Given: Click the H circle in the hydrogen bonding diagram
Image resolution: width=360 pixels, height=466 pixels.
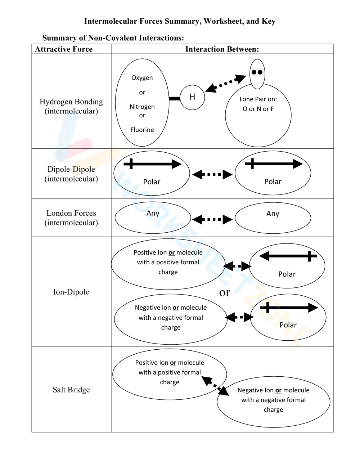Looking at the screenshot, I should pos(192,97).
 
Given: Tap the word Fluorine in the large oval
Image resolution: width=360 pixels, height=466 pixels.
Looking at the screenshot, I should pos(142,130).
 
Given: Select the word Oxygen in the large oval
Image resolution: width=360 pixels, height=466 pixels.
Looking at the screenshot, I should pos(142,78).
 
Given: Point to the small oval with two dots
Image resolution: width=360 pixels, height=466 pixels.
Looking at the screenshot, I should pos(257,73).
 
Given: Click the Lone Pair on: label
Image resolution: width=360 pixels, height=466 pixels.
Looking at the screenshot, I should pos(258,99).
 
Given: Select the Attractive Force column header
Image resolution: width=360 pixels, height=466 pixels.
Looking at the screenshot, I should pos(64,49).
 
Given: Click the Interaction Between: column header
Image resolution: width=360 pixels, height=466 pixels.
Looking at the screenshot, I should pos(222,49).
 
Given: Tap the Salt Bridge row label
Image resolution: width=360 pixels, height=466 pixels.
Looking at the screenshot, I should pos(71,390).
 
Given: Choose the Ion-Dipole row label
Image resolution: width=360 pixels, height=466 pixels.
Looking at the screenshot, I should pos(71,292).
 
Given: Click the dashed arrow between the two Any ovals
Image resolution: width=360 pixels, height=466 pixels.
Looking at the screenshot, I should pos(212,219).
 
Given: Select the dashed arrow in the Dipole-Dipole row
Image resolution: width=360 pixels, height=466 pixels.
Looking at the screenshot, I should pos(212,175).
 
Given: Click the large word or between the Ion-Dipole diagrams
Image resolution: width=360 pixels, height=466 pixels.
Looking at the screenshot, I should pos(225,292).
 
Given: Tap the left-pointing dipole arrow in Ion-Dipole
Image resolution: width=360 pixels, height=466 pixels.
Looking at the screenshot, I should pos(288,256).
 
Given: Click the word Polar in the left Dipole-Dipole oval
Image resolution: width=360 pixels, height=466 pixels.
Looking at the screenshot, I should pos(152,182).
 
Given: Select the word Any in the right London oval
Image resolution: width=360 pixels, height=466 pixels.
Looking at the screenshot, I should pos(273,214).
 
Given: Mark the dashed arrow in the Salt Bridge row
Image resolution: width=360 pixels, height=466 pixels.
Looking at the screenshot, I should pos(215,386).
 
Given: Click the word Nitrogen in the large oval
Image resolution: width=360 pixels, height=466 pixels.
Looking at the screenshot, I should pos(142,107).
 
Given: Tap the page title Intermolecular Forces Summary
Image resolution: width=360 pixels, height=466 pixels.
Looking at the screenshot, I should pos(180,21).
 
